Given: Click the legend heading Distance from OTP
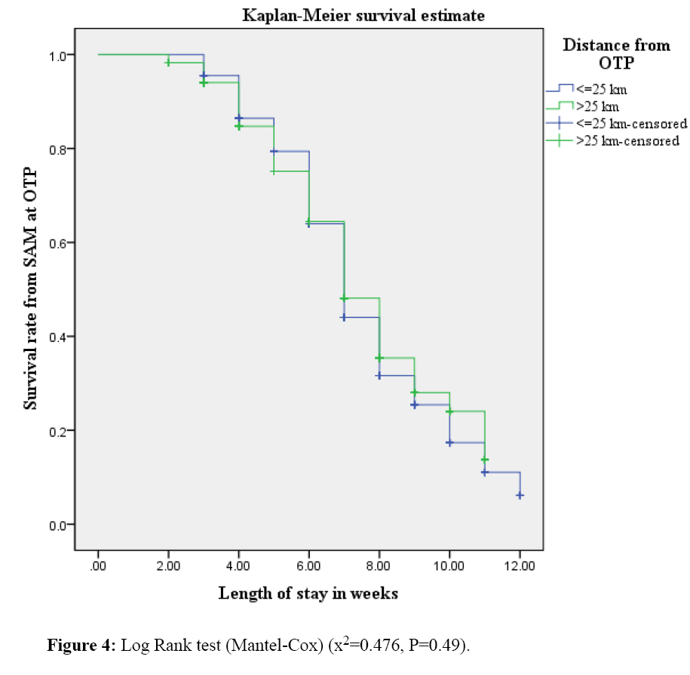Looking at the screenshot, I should (616, 54).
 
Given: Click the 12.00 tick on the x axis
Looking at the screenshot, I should (520, 566).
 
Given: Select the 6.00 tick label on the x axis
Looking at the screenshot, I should (308, 566).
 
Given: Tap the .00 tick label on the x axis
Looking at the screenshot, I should (98, 566).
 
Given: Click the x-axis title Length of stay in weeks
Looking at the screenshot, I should (308, 593).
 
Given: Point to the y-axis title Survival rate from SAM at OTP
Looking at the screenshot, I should (30, 290).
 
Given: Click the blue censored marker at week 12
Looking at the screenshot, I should (520, 495).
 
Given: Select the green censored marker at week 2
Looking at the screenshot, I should (168, 63).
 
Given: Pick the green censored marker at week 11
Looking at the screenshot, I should (485, 460).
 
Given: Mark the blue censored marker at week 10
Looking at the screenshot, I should (449, 442).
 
